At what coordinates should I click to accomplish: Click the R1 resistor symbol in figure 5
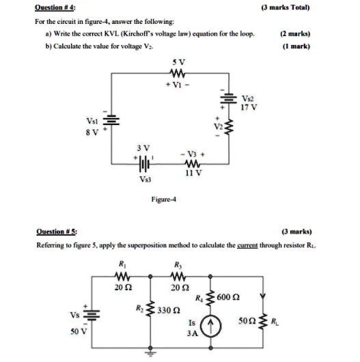click(x=123, y=276)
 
